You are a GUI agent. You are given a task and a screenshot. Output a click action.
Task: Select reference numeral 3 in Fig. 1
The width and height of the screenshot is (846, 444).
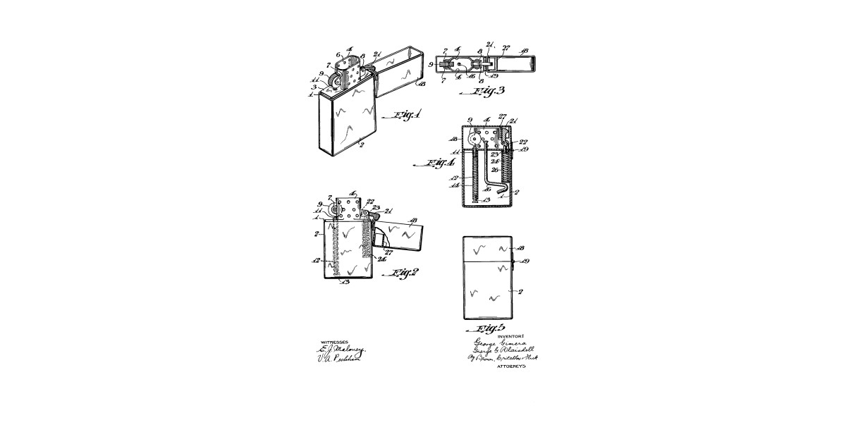click(x=314, y=87)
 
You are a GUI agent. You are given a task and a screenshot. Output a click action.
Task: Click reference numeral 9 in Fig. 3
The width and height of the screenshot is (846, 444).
click(x=431, y=64)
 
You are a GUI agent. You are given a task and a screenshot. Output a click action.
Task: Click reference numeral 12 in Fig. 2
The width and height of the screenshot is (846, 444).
click(x=315, y=261)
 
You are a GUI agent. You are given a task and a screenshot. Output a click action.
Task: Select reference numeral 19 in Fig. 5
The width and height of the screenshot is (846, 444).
click(x=525, y=261)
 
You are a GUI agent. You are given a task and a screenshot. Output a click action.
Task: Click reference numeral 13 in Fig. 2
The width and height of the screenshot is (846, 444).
click(x=344, y=283)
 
